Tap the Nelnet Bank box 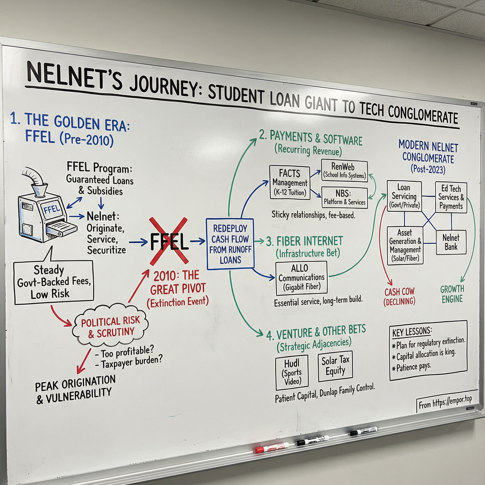(x=451, y=242)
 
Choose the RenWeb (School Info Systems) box (x=344, y=171)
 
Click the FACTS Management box (x=289, y=183)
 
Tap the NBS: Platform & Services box (x=344, y=198)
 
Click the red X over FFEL (x=169, y=241)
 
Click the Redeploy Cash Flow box (x=230, y=244)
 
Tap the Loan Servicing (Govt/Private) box (x=404, y=196)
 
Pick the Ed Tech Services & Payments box (x=451, y=197)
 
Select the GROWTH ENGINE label (x=452, y=294)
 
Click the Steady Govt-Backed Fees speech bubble (x=54, y=282)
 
